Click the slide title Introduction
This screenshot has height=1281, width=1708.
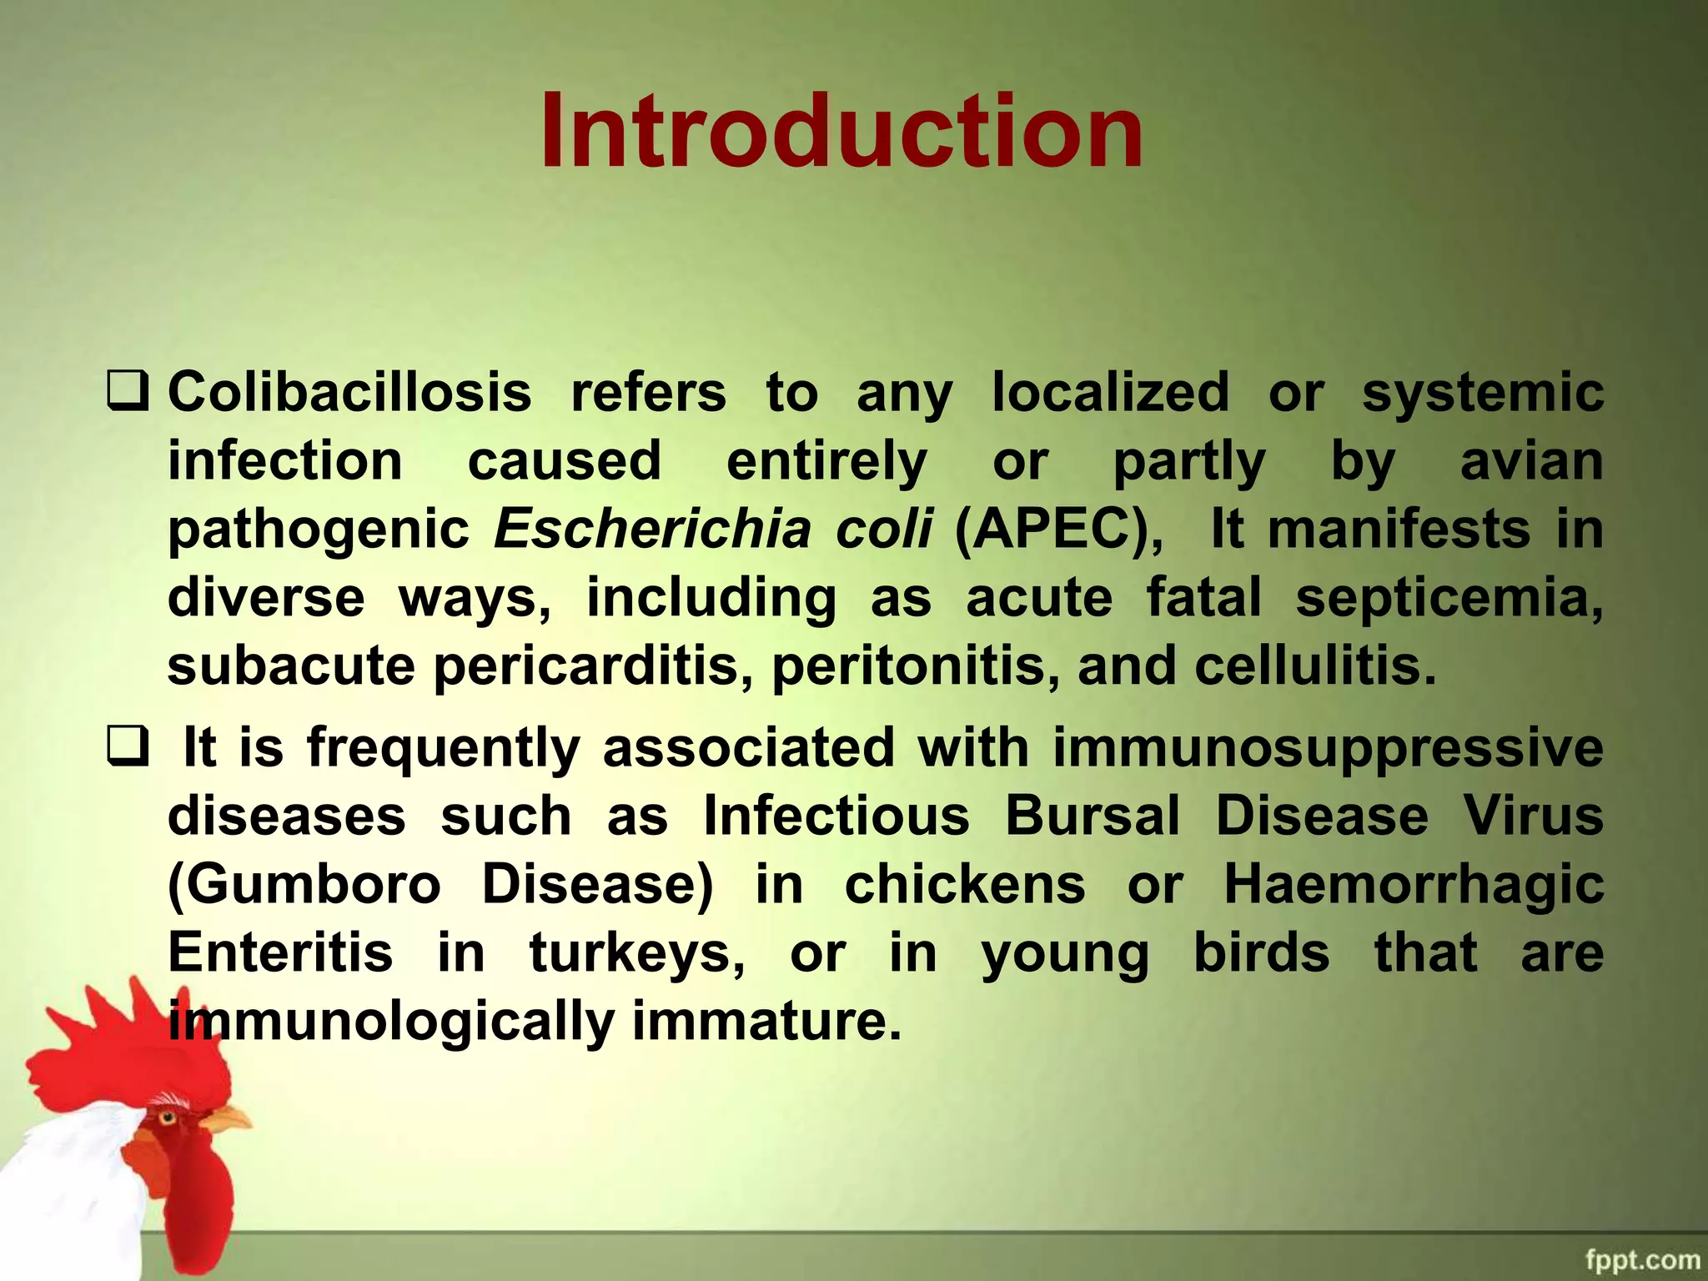point(841,133)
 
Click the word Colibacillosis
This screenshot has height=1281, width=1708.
point(349,392)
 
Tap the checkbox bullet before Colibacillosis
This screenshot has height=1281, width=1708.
point(128,392)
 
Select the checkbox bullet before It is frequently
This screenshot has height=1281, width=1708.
point(128,746)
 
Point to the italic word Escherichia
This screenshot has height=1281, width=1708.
point(652,529)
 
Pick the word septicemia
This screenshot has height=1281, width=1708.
point(1449,598)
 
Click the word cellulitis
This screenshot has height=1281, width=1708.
point(1315,666)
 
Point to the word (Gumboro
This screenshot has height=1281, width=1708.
point(304,884)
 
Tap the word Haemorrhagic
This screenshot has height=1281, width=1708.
point(1413,884)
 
